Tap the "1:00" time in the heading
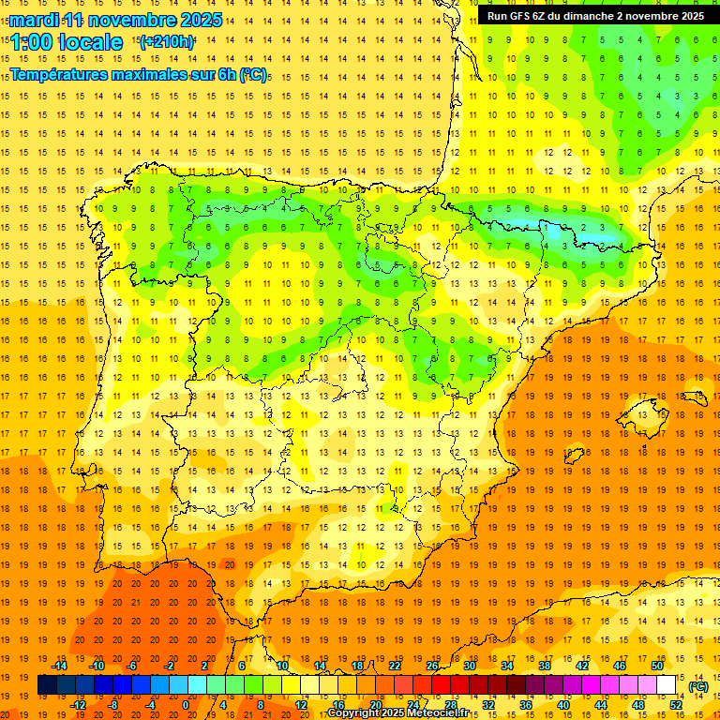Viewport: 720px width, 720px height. [31, 43]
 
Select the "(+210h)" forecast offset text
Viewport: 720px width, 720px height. [166, 42]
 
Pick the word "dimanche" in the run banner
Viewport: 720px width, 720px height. [610, 16]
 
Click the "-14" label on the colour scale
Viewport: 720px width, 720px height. [59, 666]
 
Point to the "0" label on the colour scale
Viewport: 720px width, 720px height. [186, 704]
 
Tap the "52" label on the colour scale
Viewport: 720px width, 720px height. [676, 704]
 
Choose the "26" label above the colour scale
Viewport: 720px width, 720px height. [432, 666]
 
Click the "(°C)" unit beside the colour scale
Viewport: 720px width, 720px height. [698, 686]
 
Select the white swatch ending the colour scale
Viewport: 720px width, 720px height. [667, 685]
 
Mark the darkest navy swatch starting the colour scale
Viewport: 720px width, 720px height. [47, 685]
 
